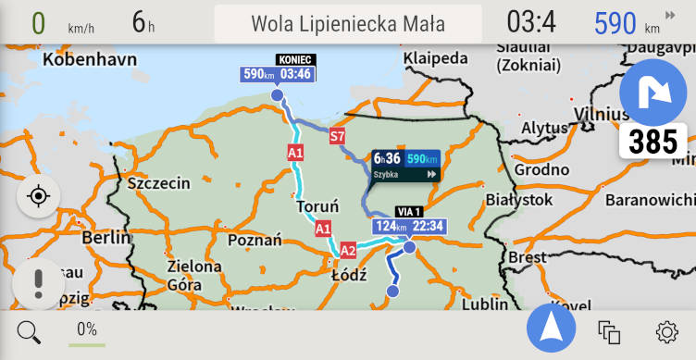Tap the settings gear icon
pyautogui.click(x=666, y=331)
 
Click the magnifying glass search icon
pyautogui.click(x=29, y=331)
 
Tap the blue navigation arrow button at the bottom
pyautogui.click(x=551, y=329)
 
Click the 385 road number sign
pyautogui.click(x=652, y=142)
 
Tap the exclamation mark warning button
pyautogui.click(x=38, y=282)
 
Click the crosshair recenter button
pyautogui.click(x=38, y=196)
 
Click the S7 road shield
pyautogui.click(x=338, y=137)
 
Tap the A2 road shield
pyautogui.click(x=348, y=250)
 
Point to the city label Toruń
pyautogui.click(x=317, y=206)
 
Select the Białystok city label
pyautogui.click(x=518, y=199)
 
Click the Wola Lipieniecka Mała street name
pyautogui.click(x=348, y=24)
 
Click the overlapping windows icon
pyautogui.click(x=608, y=331)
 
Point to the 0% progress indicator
pyautogui.click(x=87, y=330)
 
